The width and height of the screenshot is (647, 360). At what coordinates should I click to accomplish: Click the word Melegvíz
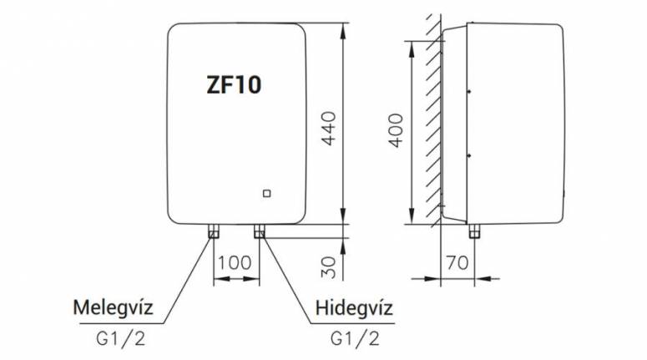113,310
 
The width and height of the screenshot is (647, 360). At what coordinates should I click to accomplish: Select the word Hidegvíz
355,310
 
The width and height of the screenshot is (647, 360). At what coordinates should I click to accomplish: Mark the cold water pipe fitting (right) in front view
260,231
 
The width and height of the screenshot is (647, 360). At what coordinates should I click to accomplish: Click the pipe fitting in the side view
475,231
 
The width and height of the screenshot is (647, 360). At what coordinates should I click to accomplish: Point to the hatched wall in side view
433,125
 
